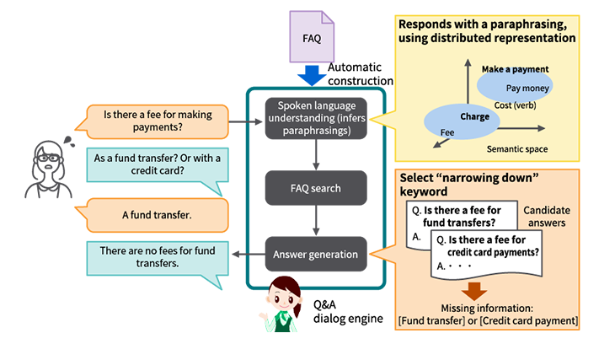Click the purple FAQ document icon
click(x=311, y=37)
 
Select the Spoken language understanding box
click(x=316, y=116)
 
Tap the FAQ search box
click(x=315, y=187)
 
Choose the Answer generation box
click(x=316, y=253)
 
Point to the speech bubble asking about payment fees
click(x=158, y=121)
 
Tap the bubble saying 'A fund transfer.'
click(x=157, y=215)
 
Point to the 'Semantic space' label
click(x=517, y=149)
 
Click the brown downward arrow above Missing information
click(x=476, y=291)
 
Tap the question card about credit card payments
click(x=489, y=253)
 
